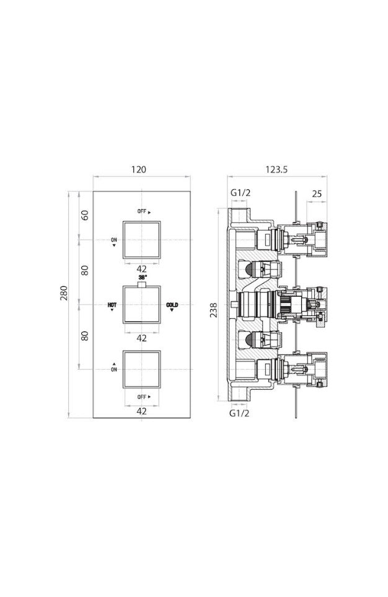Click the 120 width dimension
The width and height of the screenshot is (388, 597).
click(138, 169)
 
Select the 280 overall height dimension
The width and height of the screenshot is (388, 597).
click(64, 293)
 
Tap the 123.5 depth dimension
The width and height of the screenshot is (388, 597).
click(276, 169)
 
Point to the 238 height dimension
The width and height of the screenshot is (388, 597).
click(213, 310)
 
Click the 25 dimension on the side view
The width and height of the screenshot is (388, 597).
click(317, 194)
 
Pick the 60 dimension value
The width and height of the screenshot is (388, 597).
click(85, 215)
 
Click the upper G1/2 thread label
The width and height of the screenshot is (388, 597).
click(240, 192)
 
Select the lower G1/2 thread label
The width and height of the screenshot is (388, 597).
click(239, 413)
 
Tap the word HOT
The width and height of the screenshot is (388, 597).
click(112, 305)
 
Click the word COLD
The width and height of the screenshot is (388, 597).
click(172, 305)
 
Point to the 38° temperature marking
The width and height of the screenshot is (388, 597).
click(143, 277)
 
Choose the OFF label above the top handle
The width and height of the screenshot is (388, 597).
click(142, 212)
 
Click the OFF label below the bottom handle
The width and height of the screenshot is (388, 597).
click(142, 397)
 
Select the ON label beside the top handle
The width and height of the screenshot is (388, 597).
click(114, 240)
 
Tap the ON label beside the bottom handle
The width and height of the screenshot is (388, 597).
click(114, 369)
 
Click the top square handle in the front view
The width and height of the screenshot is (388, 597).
click(142, 240)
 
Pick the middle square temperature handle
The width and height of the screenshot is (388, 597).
click(142, 305)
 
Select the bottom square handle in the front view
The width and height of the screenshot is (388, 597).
click(142, 369)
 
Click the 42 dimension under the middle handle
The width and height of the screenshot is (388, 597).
click(141, 338)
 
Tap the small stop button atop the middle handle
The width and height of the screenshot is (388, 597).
click(142, 284)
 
